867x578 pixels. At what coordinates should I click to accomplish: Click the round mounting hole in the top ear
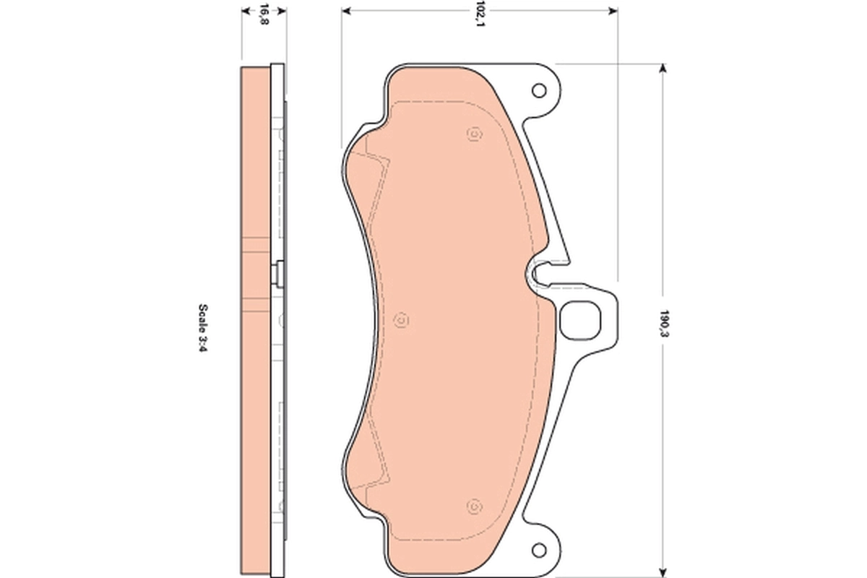(538, 90)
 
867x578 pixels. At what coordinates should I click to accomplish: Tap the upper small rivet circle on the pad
(474, 134)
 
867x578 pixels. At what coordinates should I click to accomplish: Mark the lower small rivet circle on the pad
(474, 505)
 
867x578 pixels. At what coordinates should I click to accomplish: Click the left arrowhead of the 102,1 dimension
(345, 11)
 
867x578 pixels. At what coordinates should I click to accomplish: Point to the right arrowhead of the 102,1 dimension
(613, 11)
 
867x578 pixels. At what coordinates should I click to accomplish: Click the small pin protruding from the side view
(277, 273)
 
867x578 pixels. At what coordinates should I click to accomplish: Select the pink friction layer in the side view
(255, 318)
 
